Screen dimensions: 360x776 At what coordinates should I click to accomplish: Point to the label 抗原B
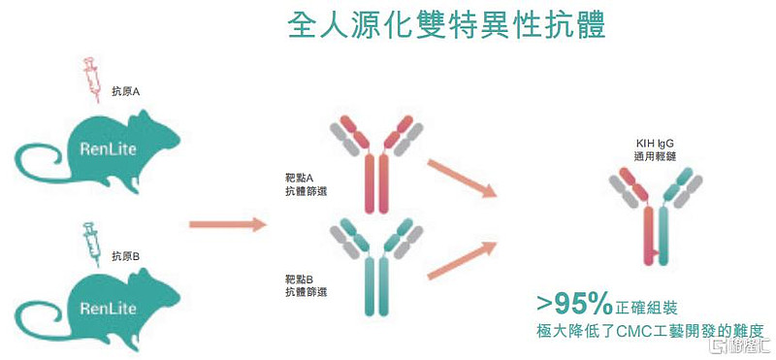(126, 256)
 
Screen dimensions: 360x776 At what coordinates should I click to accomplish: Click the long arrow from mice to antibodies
(226, 225)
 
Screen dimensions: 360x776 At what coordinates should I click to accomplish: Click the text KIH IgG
(655, 143)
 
